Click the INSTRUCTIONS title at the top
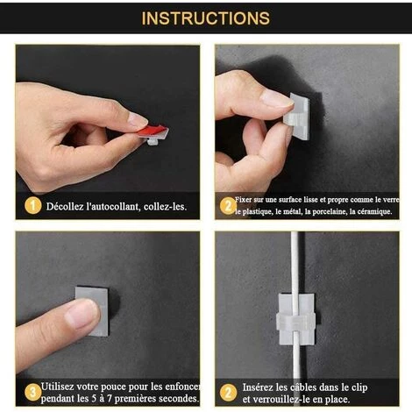click(x=205, y=18)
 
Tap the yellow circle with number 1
click(x=32, y=206)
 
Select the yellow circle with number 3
click(x=32, y=392)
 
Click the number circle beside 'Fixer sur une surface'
click(x=228, y=206)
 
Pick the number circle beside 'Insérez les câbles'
click(x=228, y=392)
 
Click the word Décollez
click(x=65, y=207)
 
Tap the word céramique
click(x=377, y=211)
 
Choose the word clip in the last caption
click(x=359, y=387)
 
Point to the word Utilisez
click(x=57, y=387)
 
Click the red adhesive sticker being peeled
click(x=153, y=131)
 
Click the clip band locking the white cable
click(x=295, y=321)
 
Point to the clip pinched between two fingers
click(x=296, y=117)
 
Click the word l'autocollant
click(x=114, y=207)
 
